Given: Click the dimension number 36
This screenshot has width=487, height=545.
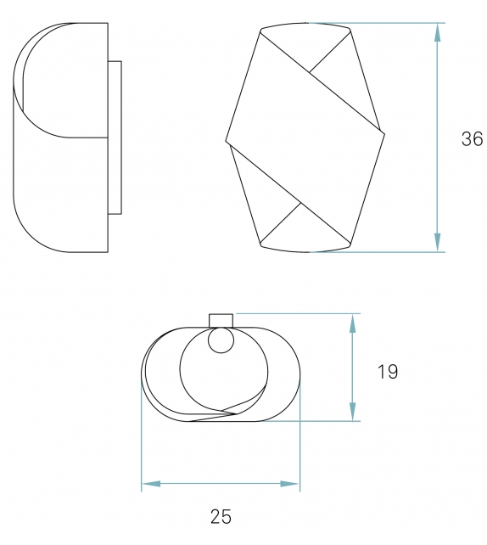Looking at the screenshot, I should coord(472,139).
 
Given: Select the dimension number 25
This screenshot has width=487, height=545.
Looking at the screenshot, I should coord(220,516).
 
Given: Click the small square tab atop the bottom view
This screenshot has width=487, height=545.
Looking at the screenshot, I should coord(221,319).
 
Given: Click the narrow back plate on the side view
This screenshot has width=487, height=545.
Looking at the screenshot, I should coord(115,137).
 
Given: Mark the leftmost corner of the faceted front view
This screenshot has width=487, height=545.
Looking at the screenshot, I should coord(227,141).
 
